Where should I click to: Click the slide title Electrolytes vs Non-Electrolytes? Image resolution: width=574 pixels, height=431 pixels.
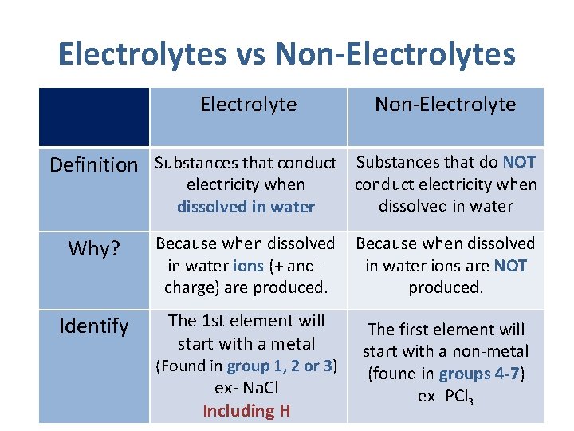[x=286, y=54]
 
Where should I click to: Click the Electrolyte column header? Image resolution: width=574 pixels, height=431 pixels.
[x=248, y=105]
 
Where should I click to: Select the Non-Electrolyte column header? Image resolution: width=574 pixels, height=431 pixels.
[x=445, y=105]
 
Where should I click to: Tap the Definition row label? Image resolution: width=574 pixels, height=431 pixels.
[x=93, y=165]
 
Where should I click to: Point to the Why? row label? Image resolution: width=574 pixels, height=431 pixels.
[x=93, y=249]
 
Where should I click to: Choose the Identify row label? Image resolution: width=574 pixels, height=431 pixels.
[x=93, y=326]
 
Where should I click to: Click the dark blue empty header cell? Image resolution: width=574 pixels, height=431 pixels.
[x=93, y=117]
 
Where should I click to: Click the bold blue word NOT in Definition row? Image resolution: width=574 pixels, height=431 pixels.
[x=519, y=163]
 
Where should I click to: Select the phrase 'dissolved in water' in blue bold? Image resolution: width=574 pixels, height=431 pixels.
[x=246, y=208]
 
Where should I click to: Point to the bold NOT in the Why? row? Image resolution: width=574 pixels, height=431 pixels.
[x=510, y=266]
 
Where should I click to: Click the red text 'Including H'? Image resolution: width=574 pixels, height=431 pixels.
[x=246, y=411]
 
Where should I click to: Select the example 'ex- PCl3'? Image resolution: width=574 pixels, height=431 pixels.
[x=446, y=397]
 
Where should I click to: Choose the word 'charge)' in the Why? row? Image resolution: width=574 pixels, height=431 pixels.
[x=191, y=287]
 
